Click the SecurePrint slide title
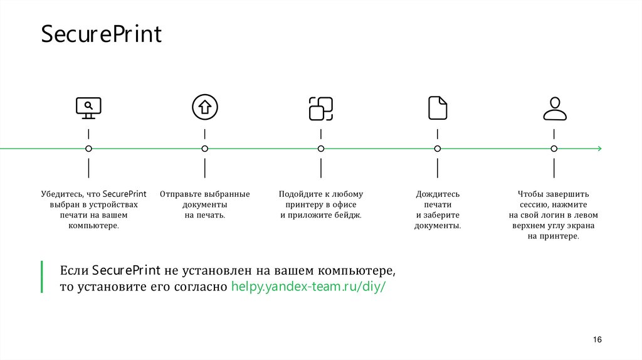102,34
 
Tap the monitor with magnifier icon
88,108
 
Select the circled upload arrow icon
204,107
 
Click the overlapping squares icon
321,108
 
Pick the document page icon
438,107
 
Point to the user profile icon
554,108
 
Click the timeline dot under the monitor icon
88,149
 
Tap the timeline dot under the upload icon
204,149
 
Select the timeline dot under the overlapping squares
321,149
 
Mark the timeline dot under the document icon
438,149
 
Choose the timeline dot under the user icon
554,149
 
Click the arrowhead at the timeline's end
599,149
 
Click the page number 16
597,339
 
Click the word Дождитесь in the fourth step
438,194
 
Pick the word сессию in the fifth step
534,205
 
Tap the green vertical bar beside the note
42,277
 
